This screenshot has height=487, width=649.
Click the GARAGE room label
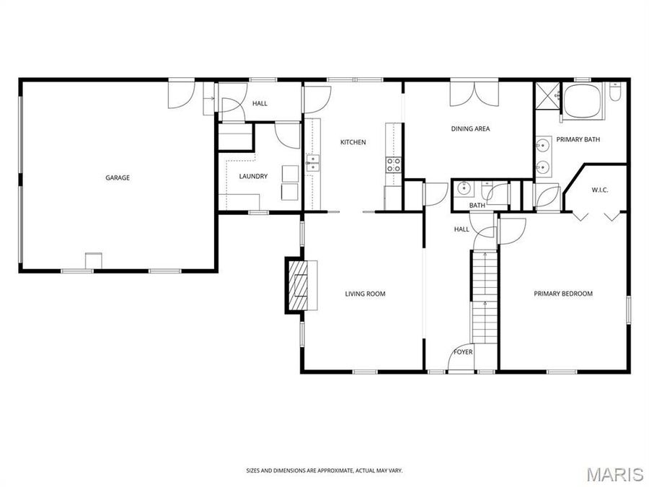118,177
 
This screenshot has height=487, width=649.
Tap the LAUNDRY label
253,176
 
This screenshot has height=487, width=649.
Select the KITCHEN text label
353,142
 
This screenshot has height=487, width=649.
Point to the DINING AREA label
470,129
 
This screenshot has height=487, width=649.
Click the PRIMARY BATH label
578,139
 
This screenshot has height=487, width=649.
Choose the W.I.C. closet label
600,190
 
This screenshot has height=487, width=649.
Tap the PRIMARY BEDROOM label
562,294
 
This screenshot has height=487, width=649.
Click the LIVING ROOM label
365,294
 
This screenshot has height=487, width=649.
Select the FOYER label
462,352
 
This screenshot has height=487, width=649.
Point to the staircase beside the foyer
485,296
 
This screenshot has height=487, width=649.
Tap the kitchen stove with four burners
394,164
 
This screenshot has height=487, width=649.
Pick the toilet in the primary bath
615,95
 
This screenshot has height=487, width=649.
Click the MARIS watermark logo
614,474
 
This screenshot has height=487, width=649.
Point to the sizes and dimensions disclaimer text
324,470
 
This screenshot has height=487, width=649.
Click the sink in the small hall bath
464,189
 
